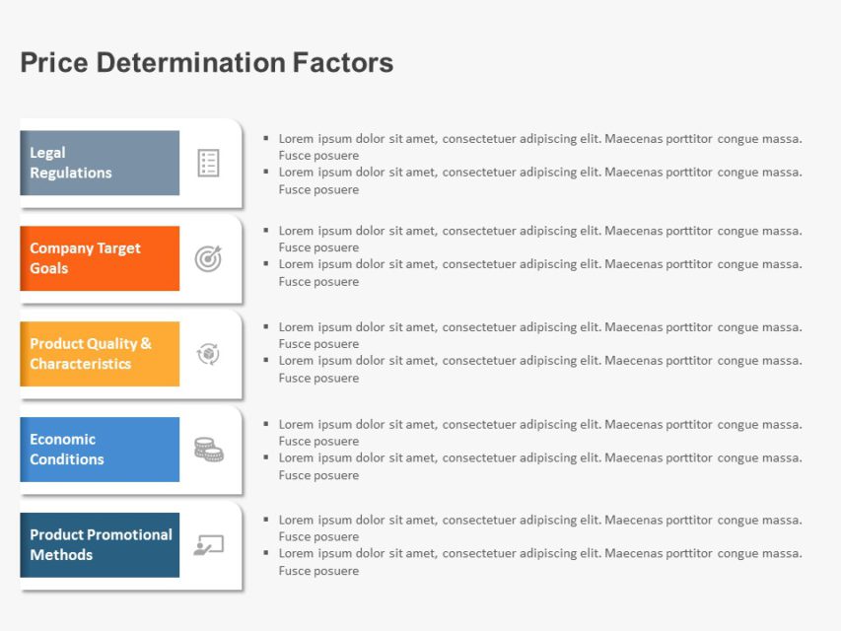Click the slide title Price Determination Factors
click(206, 63)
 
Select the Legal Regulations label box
click(100, 163)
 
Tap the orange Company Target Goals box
click(100, 258)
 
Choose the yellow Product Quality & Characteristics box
click(100, 354)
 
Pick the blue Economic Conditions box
click(100, 450)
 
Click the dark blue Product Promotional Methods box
click(100, 545)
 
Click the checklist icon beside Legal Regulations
click(208, 163)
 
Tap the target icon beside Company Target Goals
click(208, 258)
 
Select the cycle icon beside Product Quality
click(208, 354)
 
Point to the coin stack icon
click(208, 450)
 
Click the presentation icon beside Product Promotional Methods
click(208, 544)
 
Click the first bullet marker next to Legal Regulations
click(266, 139)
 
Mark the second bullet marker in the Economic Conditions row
click(266, 458)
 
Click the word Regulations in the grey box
click(70, 173)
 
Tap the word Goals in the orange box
click(48, 268)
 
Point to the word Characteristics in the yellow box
click(80, 364)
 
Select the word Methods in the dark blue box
click(61, 555)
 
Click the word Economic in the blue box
click(62, 440)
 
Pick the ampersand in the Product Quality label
click(146, 344)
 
